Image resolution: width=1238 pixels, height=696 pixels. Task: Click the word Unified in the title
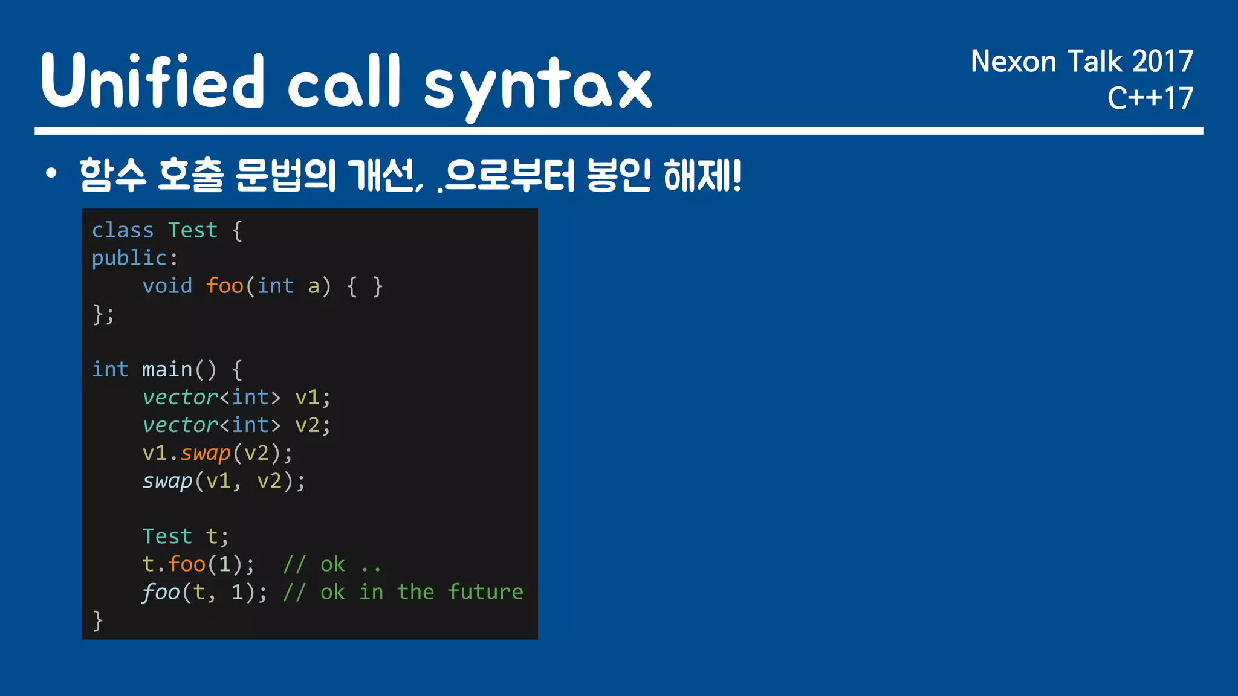pos(152,81)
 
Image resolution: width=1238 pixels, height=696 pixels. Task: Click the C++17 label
pos(1150,98)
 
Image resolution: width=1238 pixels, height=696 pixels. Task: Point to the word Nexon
pos(1013,62)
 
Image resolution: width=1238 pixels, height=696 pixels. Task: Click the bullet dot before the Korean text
pos(51,175)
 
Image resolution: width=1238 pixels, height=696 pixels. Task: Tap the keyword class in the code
pos(123,230)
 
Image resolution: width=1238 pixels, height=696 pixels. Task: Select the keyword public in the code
pos(129,258)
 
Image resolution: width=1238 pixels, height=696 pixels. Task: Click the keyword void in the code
pos(167,286)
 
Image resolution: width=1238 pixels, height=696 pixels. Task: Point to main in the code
pos(167,369)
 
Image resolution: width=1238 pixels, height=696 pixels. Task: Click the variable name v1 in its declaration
pos(307,397)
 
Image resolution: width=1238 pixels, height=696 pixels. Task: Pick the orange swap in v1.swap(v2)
pos(206,453)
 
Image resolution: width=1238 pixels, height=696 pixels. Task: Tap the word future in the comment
pos(485,592)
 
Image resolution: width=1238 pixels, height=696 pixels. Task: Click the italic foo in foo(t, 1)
pos(161,592)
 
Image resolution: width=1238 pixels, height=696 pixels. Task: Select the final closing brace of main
pos(98,620)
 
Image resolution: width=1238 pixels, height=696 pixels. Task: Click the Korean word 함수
pos(113,175)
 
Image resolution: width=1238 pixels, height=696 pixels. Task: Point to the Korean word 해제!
pos(702,175)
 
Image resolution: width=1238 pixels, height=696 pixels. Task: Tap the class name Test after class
pos(193,230)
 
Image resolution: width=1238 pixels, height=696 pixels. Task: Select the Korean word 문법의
pos(285,175)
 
